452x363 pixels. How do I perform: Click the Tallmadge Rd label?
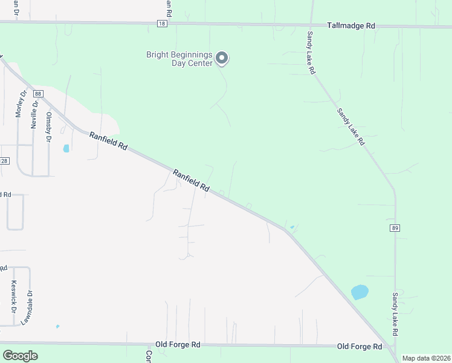point(351,26)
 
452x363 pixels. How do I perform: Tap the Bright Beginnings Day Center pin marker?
point(222,58)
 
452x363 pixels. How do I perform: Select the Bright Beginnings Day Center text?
point(179,59)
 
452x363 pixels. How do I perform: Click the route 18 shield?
point(161,23)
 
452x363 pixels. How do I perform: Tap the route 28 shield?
point(4,161)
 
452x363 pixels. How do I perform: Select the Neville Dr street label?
point(34,114)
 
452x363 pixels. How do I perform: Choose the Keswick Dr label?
point(13,295)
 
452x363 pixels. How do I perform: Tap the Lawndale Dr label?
point(26,307)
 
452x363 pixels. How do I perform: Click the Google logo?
point(20,356)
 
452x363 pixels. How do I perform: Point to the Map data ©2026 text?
point(426,358)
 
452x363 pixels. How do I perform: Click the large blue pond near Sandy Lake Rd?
point(360,292)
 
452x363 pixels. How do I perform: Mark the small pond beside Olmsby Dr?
point(66,148)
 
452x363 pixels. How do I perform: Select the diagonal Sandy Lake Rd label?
point(351,126)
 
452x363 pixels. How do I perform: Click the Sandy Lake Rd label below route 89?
point(395,315)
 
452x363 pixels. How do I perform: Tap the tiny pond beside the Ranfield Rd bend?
point(292,227)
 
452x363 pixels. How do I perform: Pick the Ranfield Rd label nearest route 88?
point(109,142)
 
